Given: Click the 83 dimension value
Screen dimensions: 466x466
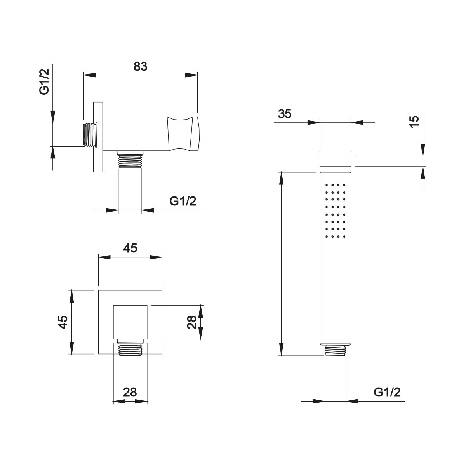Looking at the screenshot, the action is click(x=141, y=66).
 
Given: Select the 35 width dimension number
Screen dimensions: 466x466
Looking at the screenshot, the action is click(x=285, y=114).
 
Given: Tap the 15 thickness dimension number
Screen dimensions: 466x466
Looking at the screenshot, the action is click(x=414, y=122).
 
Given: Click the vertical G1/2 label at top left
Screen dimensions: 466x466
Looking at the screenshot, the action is click(x=45, y=82).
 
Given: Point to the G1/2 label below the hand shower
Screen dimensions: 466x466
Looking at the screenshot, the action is click(x=387, y=392).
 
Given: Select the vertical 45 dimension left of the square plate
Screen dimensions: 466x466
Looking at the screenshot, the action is click(x=63, y=322).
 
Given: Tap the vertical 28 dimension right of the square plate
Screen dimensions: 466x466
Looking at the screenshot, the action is click(x=192, y=322).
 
